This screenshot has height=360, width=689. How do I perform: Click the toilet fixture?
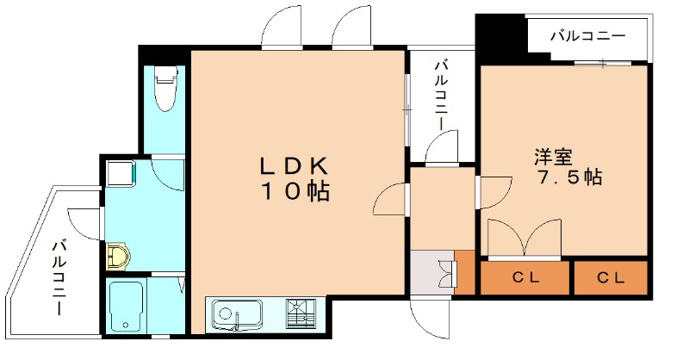[166, 89]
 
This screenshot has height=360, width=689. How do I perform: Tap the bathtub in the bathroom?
[126, 307]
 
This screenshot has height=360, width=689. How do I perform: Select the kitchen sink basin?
[237, 314]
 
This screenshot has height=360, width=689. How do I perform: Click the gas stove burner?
[301, 313]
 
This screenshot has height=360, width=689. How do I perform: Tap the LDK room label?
[294, 166]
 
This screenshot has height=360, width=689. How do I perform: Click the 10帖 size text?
[295, 191]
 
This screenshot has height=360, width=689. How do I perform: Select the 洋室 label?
[553, 157]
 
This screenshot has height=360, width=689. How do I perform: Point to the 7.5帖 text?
[569, 177]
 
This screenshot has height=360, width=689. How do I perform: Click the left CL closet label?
[525, 277]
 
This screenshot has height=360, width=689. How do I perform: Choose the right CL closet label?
[611, 277]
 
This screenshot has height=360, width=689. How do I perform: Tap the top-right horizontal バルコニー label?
[588, 35]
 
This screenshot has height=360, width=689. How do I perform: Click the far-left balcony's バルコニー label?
[59, 277]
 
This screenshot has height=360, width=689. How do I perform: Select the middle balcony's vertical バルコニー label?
[442, 96]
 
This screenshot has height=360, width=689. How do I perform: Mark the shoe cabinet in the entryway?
[465, 272]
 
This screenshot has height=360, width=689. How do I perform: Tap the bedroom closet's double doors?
[525, 237]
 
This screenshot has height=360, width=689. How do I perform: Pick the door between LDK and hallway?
[391, 199]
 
